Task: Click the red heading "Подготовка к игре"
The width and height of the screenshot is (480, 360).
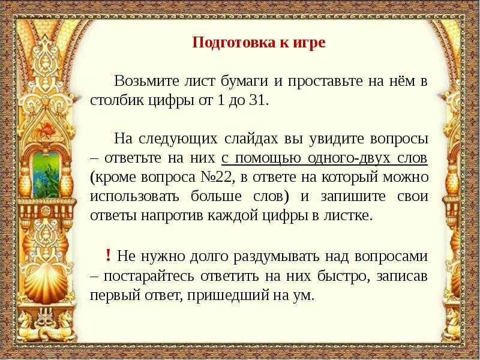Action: pos(259,42)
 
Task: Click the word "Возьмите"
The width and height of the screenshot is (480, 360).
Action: pos(146,81)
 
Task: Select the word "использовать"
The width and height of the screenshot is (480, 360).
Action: pos(134,197)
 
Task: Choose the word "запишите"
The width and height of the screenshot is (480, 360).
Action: pos(353,197)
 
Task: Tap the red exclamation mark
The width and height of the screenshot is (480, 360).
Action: pos(108,255)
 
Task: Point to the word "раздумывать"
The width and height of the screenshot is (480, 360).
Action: pos(276,256)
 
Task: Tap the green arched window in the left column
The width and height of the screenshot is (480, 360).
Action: pos(46,175)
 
